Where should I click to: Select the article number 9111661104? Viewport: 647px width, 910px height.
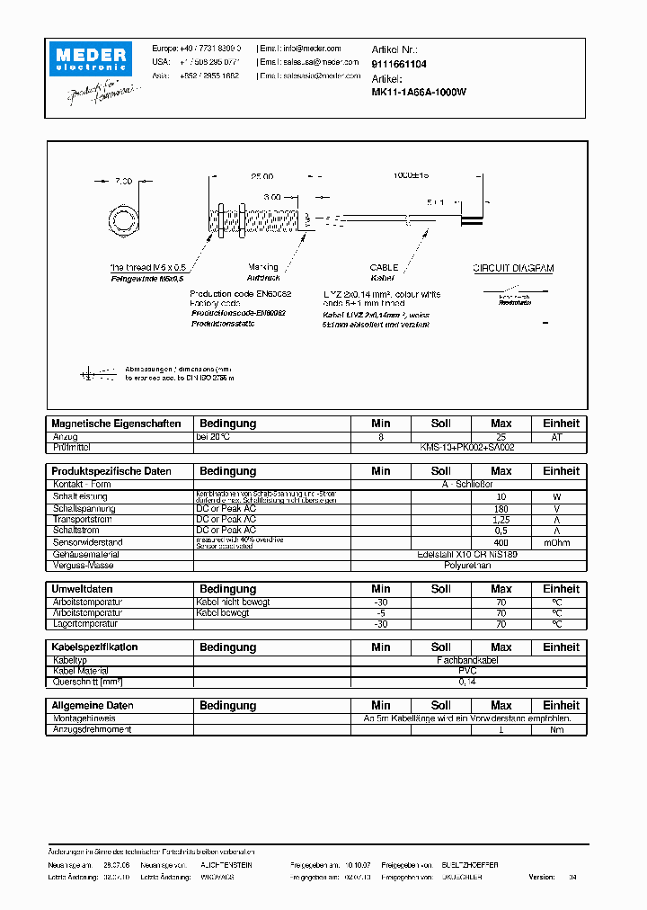(x=399, y=65)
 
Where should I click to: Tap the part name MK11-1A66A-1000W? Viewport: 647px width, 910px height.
(x=419, y=92)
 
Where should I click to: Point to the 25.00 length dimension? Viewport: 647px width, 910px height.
(x=261, y=177)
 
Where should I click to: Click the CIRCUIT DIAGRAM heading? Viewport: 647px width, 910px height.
(x=513, y=268)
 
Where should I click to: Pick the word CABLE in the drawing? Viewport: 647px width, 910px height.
(x=384, y=268)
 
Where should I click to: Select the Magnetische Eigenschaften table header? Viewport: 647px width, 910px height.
(x=117, y=424)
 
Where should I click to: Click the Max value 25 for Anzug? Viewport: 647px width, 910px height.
(x=501, y=437)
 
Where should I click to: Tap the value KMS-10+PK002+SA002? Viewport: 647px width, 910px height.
(x=467, y=447)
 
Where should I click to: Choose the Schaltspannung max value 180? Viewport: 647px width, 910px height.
(x=501, y=509)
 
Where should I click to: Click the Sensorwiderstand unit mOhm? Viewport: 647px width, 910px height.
(x=557, y=543)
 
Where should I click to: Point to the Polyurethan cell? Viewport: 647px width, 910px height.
(x=467, y=566)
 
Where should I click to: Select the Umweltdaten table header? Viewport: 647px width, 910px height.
(x=84, y=589)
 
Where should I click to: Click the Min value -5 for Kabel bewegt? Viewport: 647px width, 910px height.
(x=381, y=612)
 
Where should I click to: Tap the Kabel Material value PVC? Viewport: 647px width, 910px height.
(x=467, y=671)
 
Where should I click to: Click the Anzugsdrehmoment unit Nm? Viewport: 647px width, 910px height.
(x=557, y=729)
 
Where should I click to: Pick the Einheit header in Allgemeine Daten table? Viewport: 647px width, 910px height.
(x=561, y=706)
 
